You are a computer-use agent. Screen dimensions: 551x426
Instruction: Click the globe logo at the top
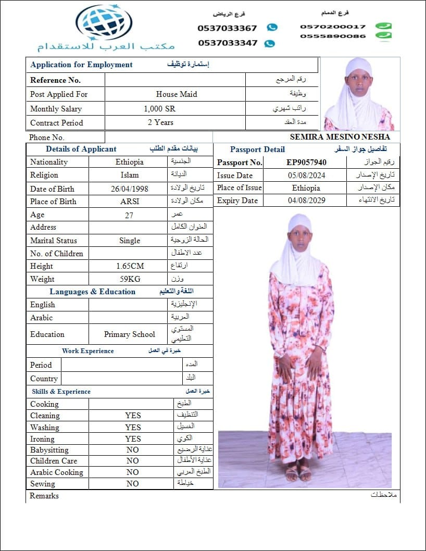[x=104, y=22]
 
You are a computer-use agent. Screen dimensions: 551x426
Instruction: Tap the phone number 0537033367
[x=227, y=28]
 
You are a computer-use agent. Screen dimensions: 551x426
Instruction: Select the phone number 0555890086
[x=333, y=36]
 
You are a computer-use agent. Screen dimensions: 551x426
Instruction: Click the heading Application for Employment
[x=81, y=65]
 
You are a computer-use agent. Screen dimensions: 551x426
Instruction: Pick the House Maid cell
[x=176, y=94]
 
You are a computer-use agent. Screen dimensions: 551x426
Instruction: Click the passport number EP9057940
[x=306, y=162]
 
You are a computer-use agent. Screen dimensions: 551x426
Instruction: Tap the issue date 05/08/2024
[x=306, y=176]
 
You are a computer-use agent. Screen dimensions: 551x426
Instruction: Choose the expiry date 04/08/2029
[x=306, y=201]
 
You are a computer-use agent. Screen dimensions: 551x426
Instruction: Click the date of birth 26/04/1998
[x=129, y=189]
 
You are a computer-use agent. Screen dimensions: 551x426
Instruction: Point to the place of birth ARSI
[x=129, y=202]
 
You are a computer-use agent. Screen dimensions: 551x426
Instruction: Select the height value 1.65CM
[x=130, y=266]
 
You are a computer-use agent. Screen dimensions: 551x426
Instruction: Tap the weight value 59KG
[x=130, y=279]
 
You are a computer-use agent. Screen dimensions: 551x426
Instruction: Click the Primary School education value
[x=130, y=334]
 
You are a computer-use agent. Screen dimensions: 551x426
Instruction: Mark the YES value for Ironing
[x=133, y=439]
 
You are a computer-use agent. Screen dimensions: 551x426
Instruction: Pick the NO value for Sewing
[x=133, y=483]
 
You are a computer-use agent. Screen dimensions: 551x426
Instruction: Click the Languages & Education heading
[x=92, y=292]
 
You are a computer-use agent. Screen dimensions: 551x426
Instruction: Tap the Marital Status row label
[x=53, y=241]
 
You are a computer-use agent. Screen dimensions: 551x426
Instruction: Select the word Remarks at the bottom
[x=44, y=496]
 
